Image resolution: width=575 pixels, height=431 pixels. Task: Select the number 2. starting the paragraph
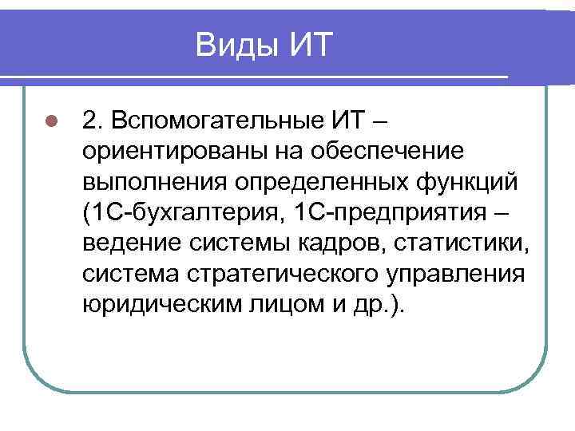click(x=93, y=120)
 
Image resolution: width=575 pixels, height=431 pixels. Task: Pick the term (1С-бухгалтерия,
click(x=182, y=212)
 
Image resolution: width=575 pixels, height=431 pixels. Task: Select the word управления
click(x=462, y=275)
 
